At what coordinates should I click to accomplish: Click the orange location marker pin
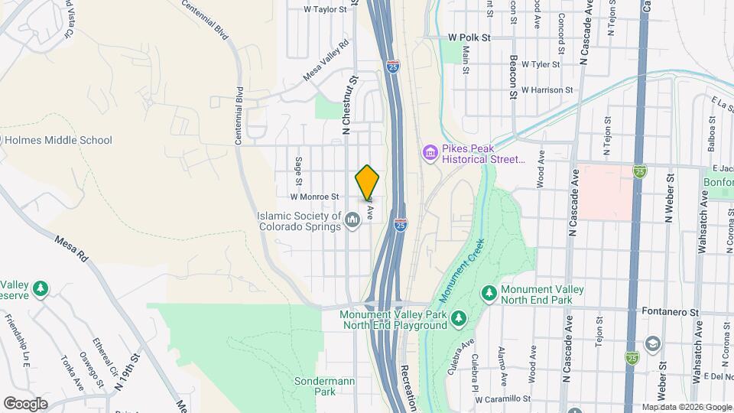[368, 183]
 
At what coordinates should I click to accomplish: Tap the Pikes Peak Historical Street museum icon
[429, 154]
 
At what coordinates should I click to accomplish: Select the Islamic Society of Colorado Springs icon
[352, 221]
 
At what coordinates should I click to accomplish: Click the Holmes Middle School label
[58, 140]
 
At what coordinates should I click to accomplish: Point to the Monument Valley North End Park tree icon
[489, 293]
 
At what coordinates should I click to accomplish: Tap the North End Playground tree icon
[457, 317]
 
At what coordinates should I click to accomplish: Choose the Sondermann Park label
[315, 386]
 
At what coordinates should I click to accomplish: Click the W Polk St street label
[469, 37]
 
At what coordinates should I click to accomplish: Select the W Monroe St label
[314, 197]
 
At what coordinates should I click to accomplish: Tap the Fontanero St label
[674, 313]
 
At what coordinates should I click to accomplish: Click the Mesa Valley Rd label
[326, 60]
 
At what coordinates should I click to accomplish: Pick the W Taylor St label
[326, 10]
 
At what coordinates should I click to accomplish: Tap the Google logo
[25, 403]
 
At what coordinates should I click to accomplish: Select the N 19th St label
[128, 371]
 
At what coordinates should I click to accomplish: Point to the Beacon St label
[513, 76]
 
